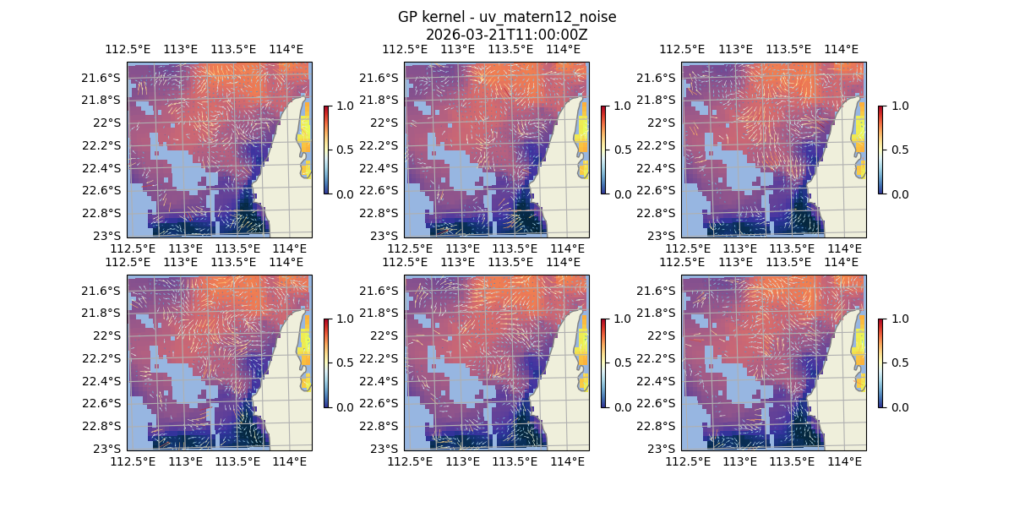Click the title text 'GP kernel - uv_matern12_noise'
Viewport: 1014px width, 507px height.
pos(507,18)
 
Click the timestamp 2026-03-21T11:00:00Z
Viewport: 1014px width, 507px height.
pos(507,35)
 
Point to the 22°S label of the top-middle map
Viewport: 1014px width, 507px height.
pos(385,123)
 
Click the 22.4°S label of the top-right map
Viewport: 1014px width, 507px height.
pos(658,167)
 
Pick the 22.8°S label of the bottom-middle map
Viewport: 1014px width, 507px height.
pos(381,426)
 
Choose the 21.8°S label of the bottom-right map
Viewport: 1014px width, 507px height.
pos(658,313)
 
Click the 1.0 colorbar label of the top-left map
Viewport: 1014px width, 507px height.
pos(344,106)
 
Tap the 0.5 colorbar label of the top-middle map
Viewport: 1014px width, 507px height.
pos(621,150)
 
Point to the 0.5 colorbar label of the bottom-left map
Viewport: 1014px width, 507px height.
pos(344,363)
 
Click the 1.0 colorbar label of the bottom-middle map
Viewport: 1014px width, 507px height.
pos(621,319)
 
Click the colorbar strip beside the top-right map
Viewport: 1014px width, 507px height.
pos(880,150)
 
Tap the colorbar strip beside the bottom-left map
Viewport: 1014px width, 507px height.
pos(326,363)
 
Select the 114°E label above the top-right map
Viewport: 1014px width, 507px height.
pos(841,49)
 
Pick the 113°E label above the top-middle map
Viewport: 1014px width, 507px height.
pos(458,49)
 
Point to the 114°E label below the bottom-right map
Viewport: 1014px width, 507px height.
pos(844,461)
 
